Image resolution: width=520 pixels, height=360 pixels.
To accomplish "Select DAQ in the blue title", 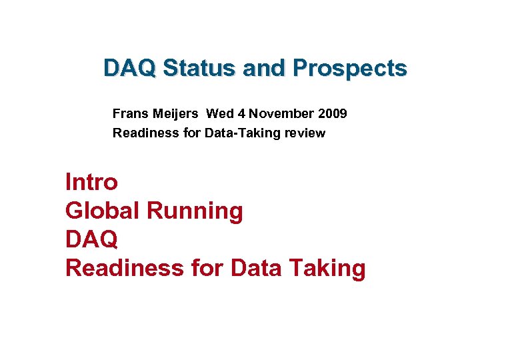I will [130, 68].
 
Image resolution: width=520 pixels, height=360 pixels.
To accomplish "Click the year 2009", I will [333, 113].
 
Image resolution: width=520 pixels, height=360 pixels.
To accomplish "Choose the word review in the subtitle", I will [306, 133].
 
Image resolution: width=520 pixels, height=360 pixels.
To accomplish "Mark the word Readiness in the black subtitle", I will [141, 133].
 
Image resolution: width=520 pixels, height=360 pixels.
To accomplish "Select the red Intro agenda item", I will [91, 181].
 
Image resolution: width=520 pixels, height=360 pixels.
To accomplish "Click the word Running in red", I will [195, 211].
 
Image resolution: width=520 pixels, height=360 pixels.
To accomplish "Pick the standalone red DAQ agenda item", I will [91, 239].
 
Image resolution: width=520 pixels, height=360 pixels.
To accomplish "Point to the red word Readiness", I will [120, 268].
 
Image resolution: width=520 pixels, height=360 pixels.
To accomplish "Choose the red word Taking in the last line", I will [327, 268].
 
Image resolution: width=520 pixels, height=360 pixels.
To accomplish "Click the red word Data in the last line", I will [257, 268].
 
